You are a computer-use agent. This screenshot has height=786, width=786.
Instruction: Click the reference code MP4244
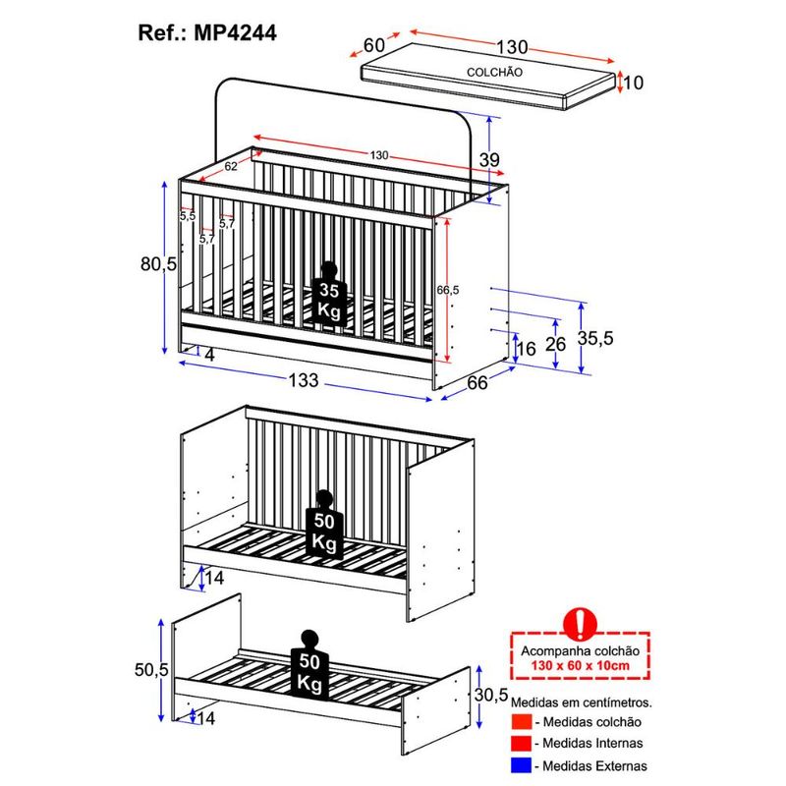click(x=235, y=33)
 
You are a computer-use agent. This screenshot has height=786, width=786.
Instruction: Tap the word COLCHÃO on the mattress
click(x=494, y=72)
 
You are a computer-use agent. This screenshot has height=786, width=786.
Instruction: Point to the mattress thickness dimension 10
click(x=633, y=83)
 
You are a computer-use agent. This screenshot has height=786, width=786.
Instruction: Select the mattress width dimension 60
click(x=374, y=45)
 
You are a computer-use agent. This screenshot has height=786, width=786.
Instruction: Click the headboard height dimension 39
click(x=489, y=160)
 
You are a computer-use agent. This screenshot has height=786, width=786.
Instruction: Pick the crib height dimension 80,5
click(x=158, y=263)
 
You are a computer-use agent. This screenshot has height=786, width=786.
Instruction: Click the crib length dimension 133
click(x=304, y=380)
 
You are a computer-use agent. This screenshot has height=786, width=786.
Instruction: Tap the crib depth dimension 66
click(x=477, y=383)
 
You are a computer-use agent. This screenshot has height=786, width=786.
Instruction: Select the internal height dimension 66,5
click(x=448, y=290)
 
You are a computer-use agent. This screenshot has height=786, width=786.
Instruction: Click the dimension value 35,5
click(x=595, y=338)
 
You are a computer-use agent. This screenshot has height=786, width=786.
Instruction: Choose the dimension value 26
click(x=555, y=345)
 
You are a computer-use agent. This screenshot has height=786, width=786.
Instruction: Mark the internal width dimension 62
click(x=231, y=166)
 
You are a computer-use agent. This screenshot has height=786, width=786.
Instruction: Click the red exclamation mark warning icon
click(x=581, y=624)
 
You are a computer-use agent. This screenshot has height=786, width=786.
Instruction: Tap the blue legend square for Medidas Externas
click(x=521, y=765)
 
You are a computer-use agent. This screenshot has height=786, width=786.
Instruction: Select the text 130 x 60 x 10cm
click(x=581, y=666)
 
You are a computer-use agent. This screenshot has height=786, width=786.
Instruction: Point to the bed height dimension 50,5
click(x=151, y=670)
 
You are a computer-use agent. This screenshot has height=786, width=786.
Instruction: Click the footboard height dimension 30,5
click(x=491, y=695)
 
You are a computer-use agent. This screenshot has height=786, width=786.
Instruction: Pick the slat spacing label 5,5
click(x=188, y=216)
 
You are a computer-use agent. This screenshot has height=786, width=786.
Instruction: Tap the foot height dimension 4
click(x=209, y=355)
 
